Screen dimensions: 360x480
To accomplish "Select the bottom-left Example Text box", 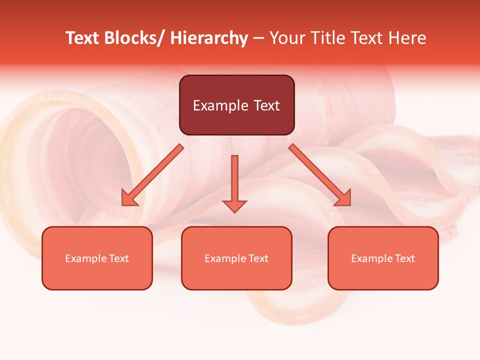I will coord(97,258).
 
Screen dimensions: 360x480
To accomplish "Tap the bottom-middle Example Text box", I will coord(236,258).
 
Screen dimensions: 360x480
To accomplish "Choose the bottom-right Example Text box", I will coord(383,258).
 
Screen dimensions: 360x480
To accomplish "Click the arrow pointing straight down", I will coord(234,183).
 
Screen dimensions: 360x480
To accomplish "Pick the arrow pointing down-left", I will coord(153,175).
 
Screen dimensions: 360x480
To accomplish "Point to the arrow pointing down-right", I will coord(320,175).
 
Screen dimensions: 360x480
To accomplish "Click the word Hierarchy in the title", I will coord(209,38).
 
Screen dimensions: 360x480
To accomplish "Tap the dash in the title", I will coord(258,38).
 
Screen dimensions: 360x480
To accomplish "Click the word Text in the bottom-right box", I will coord(404,258).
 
